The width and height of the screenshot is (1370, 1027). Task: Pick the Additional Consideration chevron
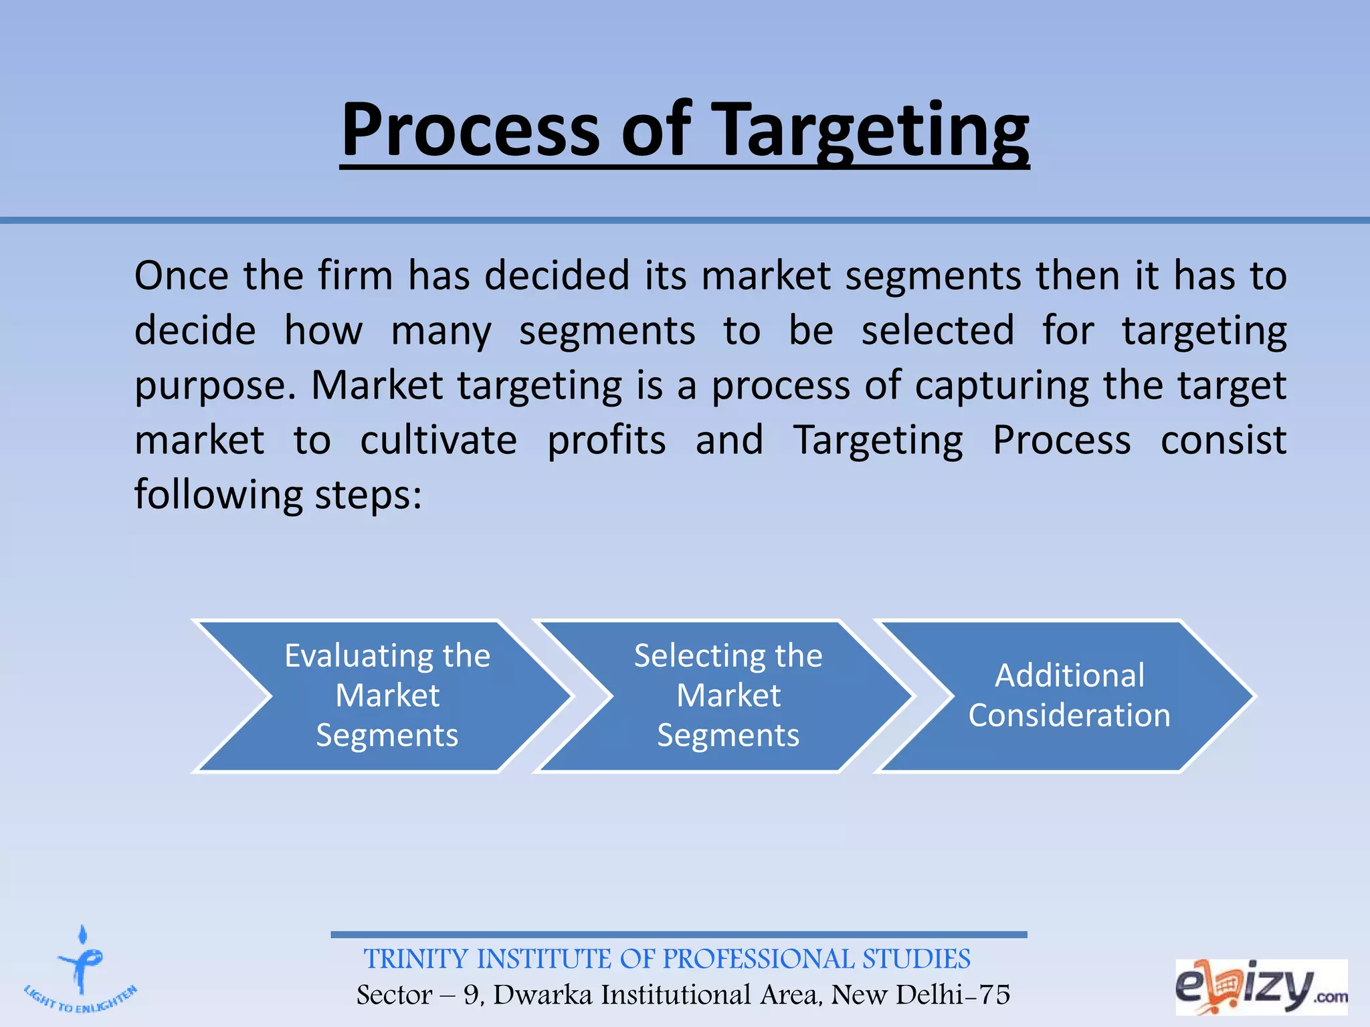[1069, 695]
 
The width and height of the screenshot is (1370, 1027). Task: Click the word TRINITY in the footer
[415, 959]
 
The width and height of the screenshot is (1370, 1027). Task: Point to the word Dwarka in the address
[543, 995]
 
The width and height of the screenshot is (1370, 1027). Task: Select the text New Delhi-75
[920, 995]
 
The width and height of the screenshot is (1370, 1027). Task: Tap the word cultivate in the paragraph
[439, 441]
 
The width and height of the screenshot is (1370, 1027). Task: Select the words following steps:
[278, 495]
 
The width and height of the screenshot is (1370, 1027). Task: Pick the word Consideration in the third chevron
[1069, 715]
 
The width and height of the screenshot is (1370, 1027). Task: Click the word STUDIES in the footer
[916, 959]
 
